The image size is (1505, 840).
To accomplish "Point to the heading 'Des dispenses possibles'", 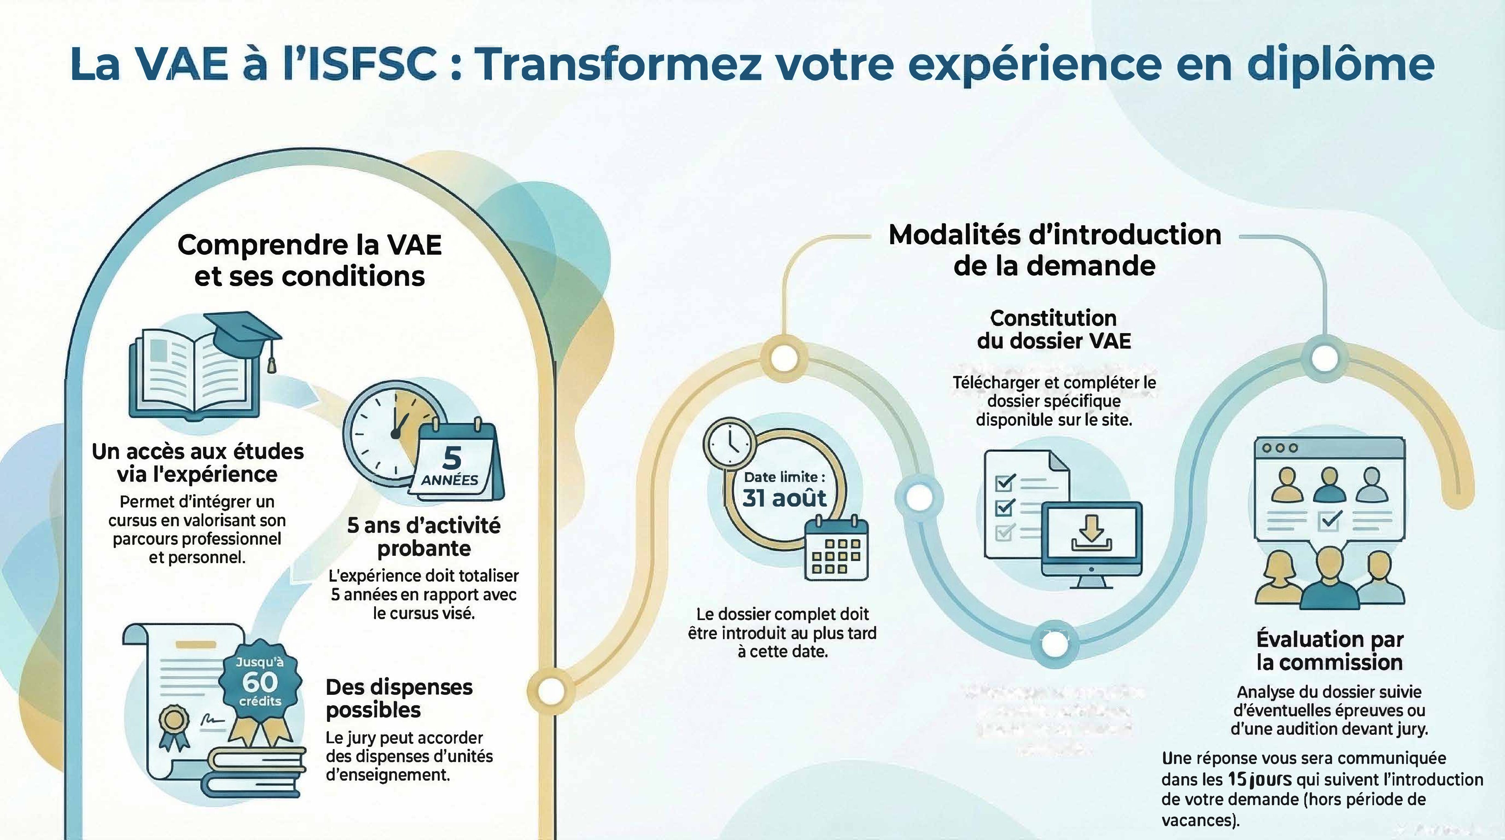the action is (399, 699).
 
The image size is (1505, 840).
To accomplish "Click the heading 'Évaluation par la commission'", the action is (1330, 651).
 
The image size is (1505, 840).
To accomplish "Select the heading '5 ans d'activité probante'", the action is (424, 537).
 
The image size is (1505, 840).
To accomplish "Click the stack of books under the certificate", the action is (257, 771).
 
